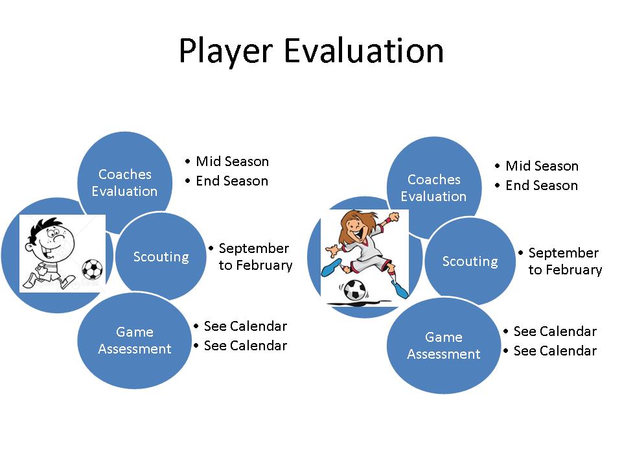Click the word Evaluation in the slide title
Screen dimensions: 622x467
[x=363, y=51]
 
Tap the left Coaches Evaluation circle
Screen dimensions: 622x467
[x=125, y=182]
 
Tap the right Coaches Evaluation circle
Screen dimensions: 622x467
[x=434, y=187]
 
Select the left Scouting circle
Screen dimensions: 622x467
[x=161, y=257]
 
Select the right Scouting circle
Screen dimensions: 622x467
[x=470, y=261]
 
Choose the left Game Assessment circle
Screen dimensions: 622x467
[x=135, y=341]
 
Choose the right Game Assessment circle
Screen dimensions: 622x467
[x=443, y=346]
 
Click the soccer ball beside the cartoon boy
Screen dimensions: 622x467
[x=92, y=269]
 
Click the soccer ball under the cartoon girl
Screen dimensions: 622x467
[x=354, y=290]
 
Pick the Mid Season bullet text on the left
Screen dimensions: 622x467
[x=233, y=162]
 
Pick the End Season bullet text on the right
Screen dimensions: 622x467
[x=542, y=186]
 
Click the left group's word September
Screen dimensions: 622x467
[x=254, y=248]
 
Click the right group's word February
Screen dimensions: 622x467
[x=574, y=270]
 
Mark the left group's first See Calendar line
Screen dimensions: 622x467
[x=246, y=326]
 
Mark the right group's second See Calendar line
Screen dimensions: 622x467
[x=555, y=351]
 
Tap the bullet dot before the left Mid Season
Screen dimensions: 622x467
[x=188, y=162]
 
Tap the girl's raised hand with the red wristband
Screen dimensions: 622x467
[x=392, y=218]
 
